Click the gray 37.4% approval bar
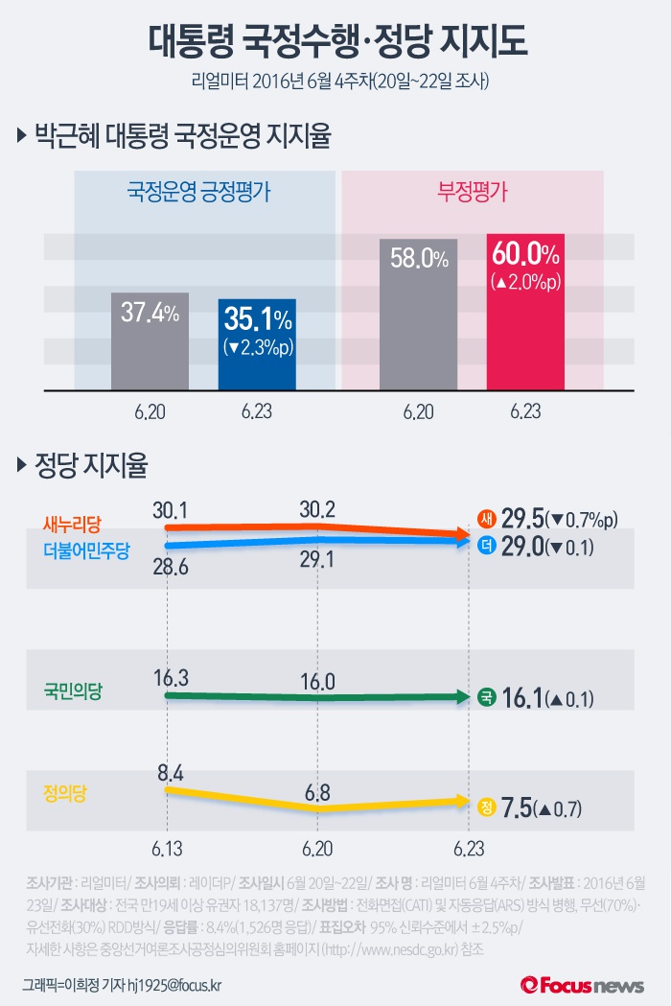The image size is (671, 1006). pyautogui.click(x=150, y=341)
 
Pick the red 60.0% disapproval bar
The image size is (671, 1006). pyautogui.click(x=525, y=312)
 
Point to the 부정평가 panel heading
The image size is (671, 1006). pyautogui.click(x=473, y=191)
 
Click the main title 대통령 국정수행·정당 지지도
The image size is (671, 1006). pyautogui.click(x=335, y=40)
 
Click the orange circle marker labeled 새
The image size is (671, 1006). pyautogui.click(x=486, y=520)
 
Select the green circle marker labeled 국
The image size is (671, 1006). pyautogui.click(x=486, y=697)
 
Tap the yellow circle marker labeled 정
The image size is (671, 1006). pyautogui.click(x=486, y=807)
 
